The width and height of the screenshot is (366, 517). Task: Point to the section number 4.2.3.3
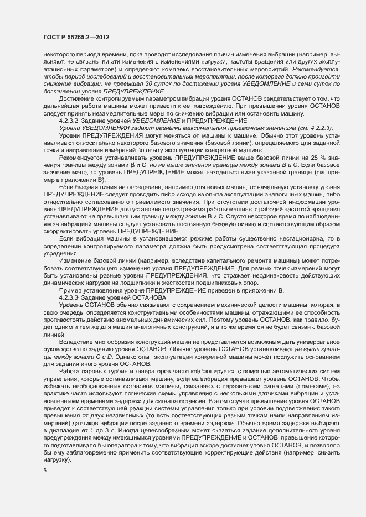click(70, 298)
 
